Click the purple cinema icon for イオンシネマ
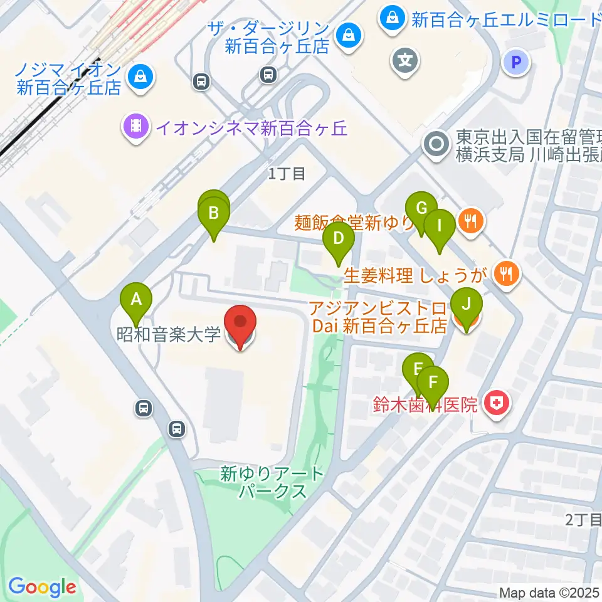coord(136,127)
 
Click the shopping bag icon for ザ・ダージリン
coord(346,36)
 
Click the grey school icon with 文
coord(404,61)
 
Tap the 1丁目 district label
coord(287,174)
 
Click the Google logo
coord(42,587)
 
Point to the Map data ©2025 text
coord(549,593)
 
